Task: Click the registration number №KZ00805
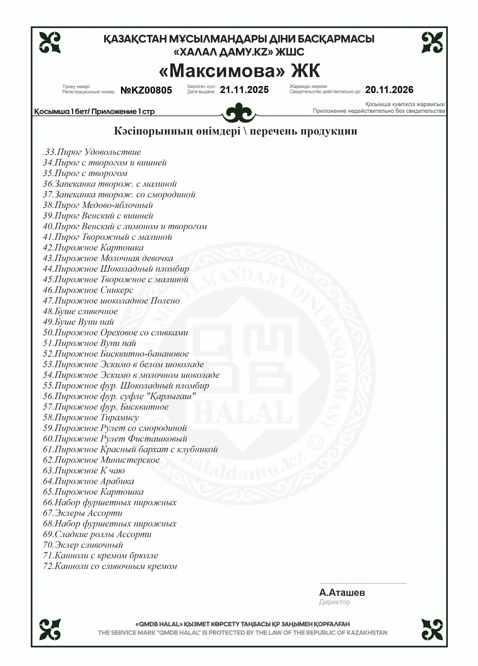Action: [x=146, y=90]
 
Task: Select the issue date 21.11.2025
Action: [x=244, y=90]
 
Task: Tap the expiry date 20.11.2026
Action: [x=389, y=90]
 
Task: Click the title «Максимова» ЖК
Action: [x=239, y=71]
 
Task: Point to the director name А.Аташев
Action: [x=342, y=593]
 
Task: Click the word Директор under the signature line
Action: [x=335, y=602]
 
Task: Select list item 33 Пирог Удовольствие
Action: [x=92, y=152]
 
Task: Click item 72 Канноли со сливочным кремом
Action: [x=110, y=566]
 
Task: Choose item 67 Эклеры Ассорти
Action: [x=83, y=513]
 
